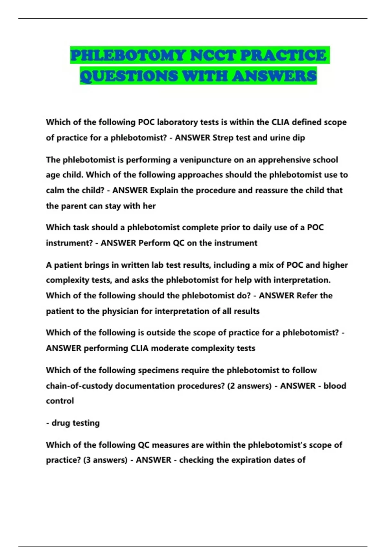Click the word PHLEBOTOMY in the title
(128, 55)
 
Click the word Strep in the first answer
(223, 138)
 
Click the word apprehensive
(285, 160)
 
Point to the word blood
(335, 386)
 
